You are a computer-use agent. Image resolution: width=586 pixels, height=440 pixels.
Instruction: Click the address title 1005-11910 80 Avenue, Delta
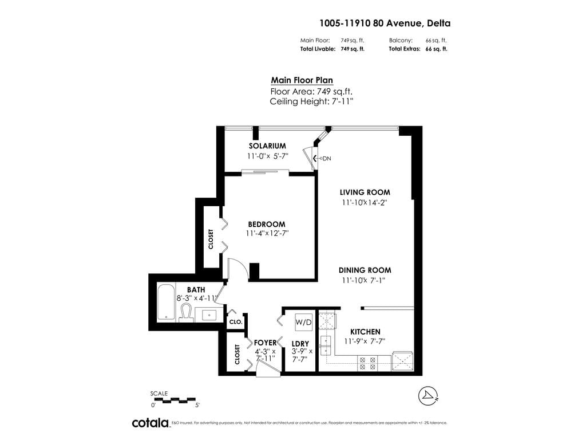[x=385, y=23]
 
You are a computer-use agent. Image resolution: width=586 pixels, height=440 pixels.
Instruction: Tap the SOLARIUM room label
[x=267, y=146]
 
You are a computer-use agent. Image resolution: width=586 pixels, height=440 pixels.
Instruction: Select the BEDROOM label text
[x=266, y=224]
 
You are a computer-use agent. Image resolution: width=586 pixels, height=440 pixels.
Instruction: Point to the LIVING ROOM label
[x=365, y=192]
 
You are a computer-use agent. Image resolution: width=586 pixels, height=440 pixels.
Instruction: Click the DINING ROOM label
[x=365, y=270]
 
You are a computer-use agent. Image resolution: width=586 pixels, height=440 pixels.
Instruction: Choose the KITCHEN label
[x=365, y=332]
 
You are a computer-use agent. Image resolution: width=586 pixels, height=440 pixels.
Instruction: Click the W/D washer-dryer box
[x=303, y=323]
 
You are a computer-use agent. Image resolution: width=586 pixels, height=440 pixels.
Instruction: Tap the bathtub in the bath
[x=167, y=302]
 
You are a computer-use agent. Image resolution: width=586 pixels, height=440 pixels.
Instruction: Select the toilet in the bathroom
[x=186, y=313]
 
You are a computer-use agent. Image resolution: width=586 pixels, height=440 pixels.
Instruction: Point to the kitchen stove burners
[x=366, y=363]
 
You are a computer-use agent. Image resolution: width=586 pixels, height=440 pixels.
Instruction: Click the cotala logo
[x=150, y=423]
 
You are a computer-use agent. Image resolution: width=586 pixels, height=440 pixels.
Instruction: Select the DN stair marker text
[x=327, y=158]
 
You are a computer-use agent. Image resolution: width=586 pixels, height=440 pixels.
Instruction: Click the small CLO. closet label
[x=236, y=322]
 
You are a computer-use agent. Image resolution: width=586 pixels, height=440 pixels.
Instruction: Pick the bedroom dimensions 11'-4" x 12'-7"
[x=266, y=234]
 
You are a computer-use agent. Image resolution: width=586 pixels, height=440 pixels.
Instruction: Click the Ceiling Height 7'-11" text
[x=311, y=101]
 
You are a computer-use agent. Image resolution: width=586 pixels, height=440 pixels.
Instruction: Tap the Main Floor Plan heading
[x=302, y=81]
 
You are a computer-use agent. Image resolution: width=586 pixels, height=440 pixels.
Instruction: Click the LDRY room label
[x=300, y=344]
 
